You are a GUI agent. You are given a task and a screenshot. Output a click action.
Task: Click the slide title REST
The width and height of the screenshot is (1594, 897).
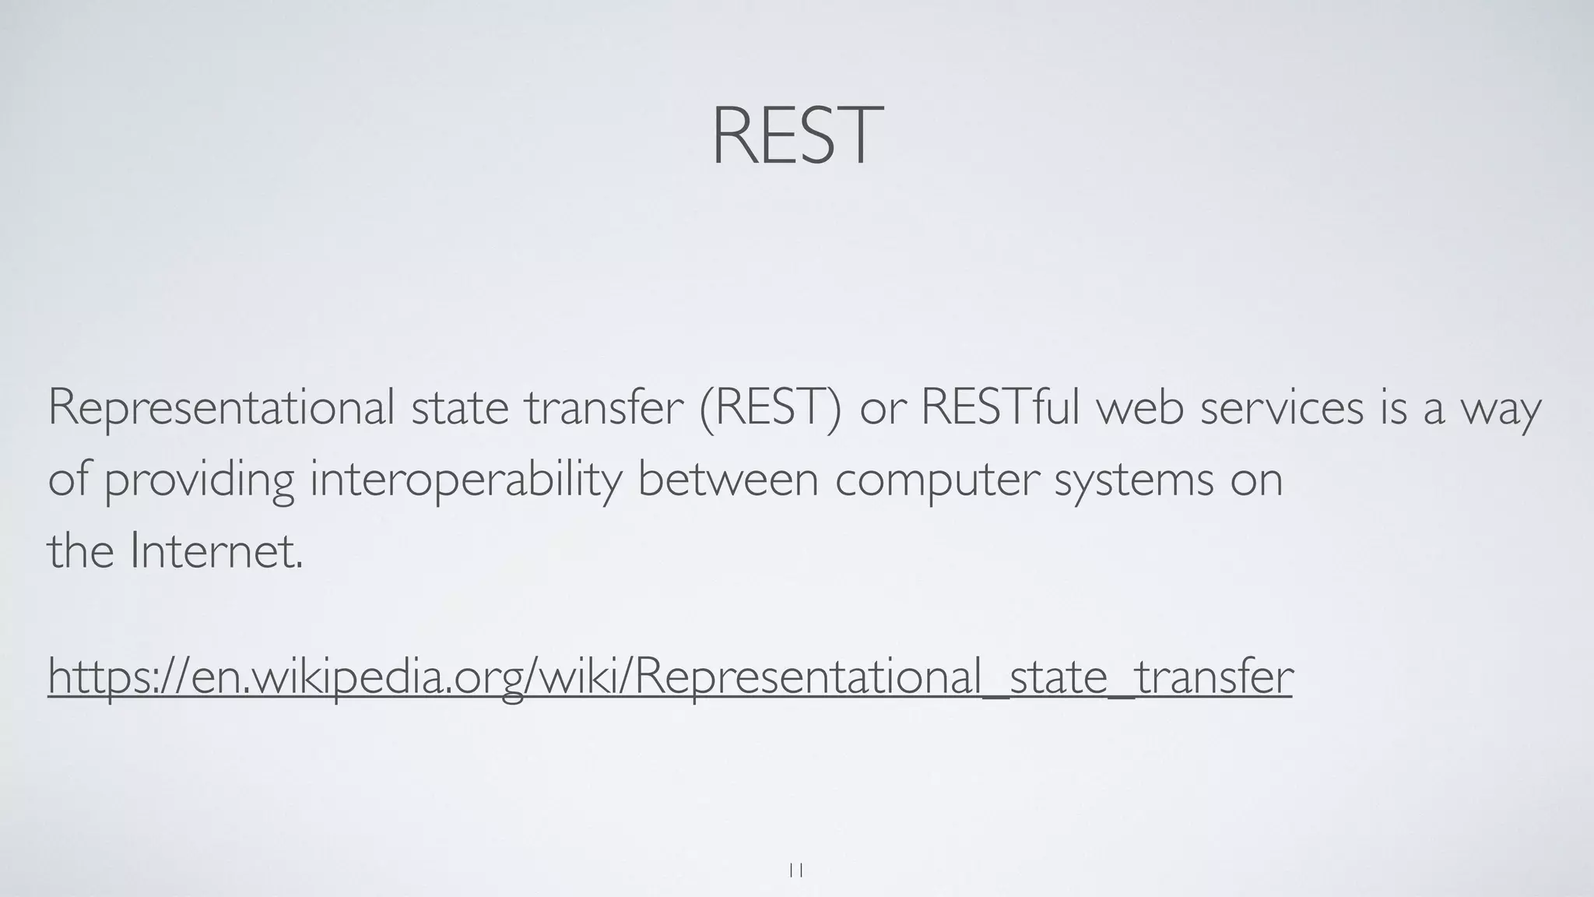click(796, 137)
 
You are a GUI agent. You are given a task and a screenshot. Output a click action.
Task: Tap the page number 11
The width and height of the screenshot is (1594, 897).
click(796, 871)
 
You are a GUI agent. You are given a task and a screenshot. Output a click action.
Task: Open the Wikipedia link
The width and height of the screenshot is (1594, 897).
click(670, 676)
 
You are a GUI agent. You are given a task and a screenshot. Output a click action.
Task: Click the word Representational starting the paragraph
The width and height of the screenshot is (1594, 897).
click(221, 407)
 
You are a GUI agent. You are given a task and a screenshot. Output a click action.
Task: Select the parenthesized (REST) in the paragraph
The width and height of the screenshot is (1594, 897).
click(770, 407)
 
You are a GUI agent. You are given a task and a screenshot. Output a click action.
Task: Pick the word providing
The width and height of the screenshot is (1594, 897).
click(199, 480)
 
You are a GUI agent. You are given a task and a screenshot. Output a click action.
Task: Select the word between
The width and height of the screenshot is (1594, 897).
click(728, 478)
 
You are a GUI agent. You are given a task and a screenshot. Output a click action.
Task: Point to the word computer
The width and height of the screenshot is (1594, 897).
click(937, 480)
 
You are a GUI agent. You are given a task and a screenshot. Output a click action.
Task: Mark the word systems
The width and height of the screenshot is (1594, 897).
click(1133, 480)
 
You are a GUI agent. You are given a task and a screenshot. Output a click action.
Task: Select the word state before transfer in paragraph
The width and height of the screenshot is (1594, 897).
click(460, 407)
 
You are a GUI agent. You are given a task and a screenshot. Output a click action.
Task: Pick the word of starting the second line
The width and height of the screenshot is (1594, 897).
click(67, 478)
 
